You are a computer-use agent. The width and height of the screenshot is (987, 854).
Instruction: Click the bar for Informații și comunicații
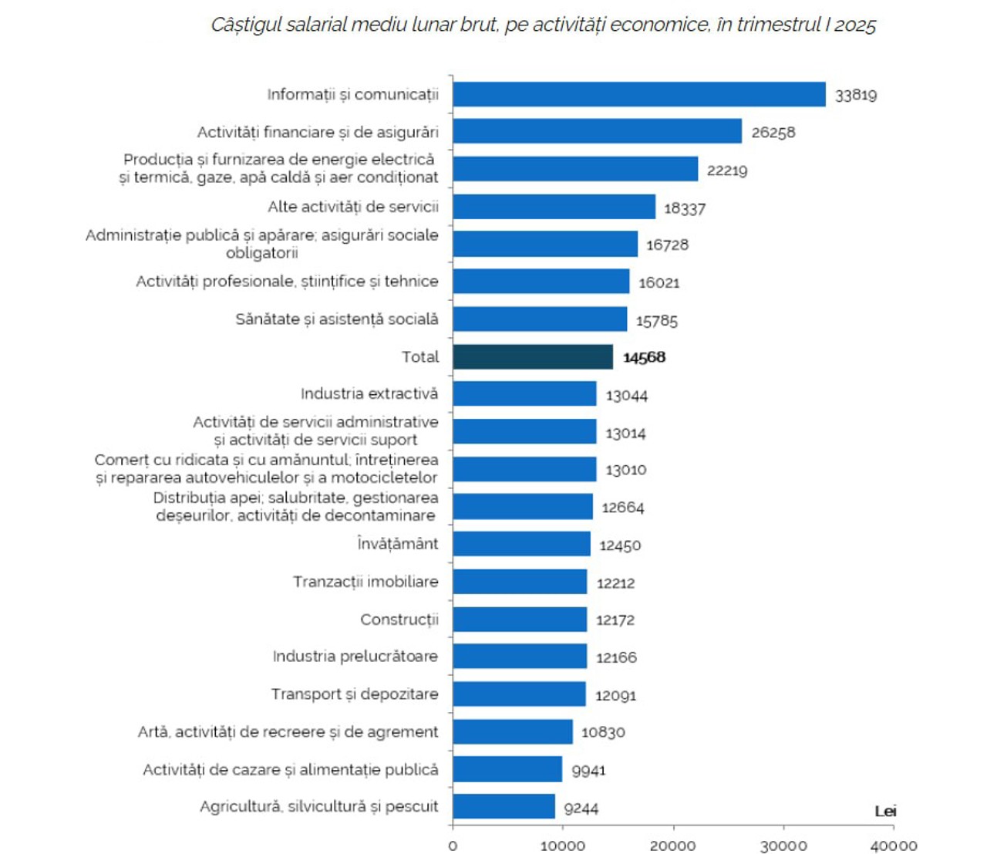(638, 94)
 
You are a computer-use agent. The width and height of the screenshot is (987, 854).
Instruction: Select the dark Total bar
(532, 356)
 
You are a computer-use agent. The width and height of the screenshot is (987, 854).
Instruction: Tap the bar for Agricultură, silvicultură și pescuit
(504, 806)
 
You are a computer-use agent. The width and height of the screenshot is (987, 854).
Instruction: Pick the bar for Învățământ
(521, 544)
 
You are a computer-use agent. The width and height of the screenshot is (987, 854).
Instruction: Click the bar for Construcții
(520, 619)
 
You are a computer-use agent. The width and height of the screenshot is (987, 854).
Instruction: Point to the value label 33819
(855, 95)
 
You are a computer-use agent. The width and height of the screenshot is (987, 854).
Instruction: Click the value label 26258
(773, 133)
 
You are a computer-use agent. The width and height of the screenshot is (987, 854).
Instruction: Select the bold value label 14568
(644, 357)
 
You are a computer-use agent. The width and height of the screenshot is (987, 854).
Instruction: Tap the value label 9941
(588, 770)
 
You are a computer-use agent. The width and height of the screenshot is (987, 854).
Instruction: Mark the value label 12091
(615, 695)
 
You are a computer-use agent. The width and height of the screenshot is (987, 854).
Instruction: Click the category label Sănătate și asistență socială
(336, 319)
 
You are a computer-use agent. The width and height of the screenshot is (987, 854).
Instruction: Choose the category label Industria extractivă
(369, 394)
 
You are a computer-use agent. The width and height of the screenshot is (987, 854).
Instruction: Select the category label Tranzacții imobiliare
(365, 582)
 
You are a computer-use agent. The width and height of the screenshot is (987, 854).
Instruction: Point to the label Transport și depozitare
(354, 694)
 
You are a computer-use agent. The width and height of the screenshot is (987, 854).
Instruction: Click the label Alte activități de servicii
(352, 207)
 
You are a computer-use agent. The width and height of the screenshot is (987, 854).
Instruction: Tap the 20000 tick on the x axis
(672, 846)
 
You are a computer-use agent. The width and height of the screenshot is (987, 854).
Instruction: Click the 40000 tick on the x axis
(893, 846)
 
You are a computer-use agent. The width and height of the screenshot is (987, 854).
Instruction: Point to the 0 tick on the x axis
(453, 846)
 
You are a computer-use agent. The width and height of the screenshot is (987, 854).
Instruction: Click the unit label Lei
(884, 811)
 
